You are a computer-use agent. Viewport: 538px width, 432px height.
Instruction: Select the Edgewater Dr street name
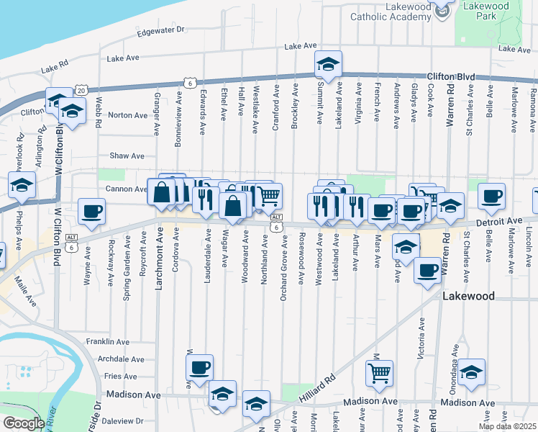click(161, 31)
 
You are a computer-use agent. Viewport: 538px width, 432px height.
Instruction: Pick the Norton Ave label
click(128, 115)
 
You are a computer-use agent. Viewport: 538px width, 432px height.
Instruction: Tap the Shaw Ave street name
click(127, 156)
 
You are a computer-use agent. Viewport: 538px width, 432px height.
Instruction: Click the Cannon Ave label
click(127, 189)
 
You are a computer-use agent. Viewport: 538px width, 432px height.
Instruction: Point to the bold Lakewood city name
click(469, 296)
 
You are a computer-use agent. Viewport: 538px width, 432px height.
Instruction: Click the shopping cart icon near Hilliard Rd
click(379, 373)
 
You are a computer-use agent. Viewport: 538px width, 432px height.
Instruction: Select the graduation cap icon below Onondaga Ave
click(472, 372)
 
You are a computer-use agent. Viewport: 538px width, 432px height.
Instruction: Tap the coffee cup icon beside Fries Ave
click(200, 367)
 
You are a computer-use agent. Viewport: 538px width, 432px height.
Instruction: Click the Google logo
click(24, 423)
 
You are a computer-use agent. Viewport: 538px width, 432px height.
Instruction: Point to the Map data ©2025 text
click(507, 426)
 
